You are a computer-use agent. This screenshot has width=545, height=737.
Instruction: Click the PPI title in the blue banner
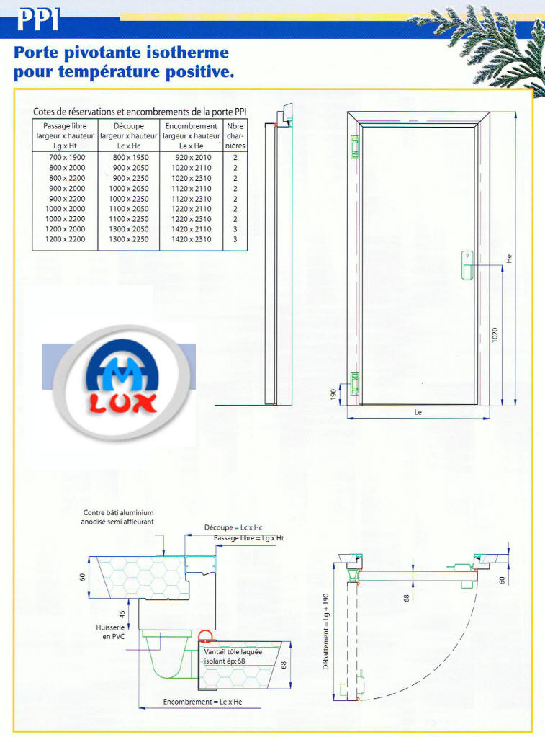(x=38, y=20)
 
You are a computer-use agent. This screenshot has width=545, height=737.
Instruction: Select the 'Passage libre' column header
(x=65, y=136)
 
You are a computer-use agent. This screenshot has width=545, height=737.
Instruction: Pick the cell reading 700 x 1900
(x=67, y=158)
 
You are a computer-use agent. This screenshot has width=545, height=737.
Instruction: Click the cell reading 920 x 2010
(x=193, y=158)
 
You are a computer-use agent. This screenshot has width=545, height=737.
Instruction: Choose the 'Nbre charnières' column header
(x=235, y=136)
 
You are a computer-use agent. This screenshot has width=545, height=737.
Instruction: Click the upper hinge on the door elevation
(x=355, y=147)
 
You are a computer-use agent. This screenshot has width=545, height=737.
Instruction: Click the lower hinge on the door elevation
(x=355, y=383)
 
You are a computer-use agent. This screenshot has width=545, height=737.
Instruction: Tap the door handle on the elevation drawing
(x=467, y=266)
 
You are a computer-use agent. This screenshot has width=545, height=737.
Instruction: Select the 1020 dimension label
(x=495, y=335)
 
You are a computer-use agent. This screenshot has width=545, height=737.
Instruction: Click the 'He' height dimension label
(x=509, y=259)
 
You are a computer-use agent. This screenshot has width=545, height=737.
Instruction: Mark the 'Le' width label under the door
(x=418, y=412)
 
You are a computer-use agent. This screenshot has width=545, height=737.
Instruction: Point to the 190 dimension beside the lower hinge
(x=333, y=394)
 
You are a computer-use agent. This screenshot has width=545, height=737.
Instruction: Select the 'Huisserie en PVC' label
(x=110, y=632)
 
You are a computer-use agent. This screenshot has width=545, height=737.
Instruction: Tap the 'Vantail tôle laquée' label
(x=233, y=652)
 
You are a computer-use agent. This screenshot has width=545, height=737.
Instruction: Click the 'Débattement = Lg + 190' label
(x=326, y=631)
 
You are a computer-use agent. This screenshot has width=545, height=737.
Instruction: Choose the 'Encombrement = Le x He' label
(x=202, y=702)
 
